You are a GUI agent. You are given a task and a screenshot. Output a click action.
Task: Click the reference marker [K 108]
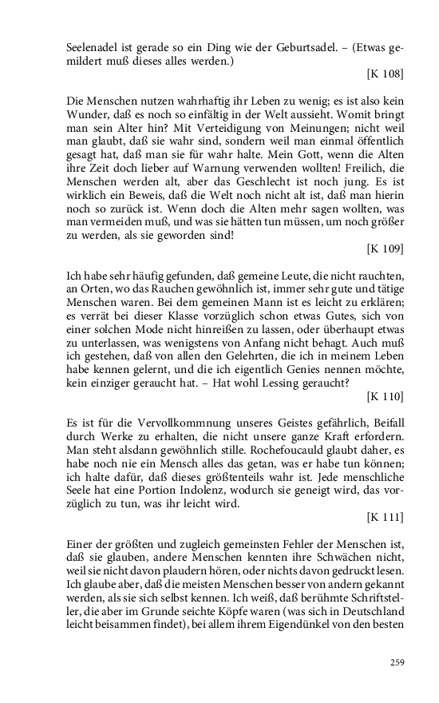[385, 75]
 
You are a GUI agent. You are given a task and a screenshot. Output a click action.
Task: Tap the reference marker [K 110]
[385, 395]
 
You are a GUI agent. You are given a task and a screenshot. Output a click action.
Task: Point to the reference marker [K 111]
[385, 517]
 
